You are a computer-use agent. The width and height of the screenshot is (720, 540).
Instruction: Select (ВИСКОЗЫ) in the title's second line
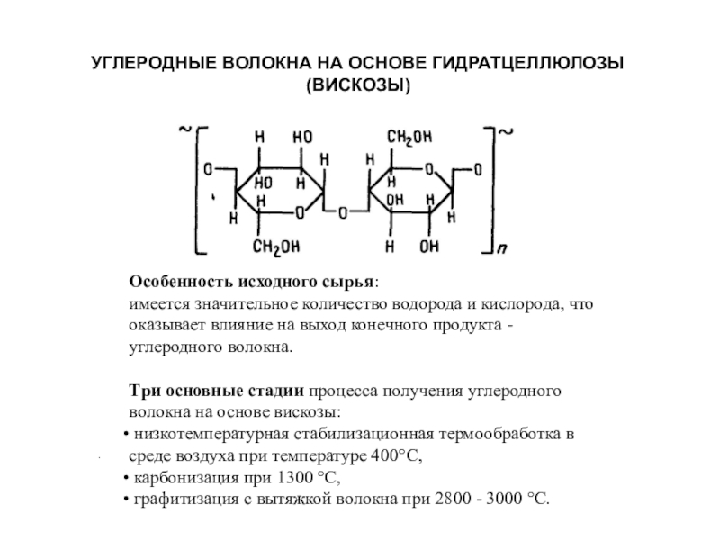(x=359, y=86)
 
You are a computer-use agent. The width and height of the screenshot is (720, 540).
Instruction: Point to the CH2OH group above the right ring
(x=409, y=138)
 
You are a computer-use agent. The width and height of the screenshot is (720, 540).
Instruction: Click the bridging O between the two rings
(x=342, y=213)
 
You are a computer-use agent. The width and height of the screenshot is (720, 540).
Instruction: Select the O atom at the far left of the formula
(x=208, y=168)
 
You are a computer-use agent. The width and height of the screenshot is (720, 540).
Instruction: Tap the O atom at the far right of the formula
(x=477, y=169)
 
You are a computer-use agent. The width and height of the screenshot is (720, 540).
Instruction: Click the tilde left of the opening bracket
(x=185, y=130)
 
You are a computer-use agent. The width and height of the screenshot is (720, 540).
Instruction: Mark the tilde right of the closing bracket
(x=507, y=131)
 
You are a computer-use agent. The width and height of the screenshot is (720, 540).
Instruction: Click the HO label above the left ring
(x=302, y=138)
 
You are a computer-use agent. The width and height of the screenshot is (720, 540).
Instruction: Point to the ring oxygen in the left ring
(x=300, y=212)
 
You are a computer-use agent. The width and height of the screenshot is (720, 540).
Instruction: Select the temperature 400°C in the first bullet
(x=395, y=456)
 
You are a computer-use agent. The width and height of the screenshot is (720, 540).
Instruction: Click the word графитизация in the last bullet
(x=176, y=498)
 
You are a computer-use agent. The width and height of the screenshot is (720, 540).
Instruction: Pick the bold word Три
(x=142, y=392)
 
